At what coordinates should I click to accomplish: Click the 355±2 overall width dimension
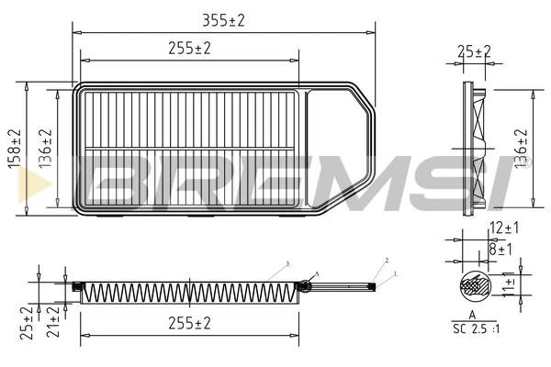click(x=224, y=19)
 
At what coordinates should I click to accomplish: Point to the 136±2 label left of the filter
click(x=46, y=147)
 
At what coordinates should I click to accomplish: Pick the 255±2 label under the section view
click(x=189, y=324)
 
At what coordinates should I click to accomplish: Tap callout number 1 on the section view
click(x=395, y=273)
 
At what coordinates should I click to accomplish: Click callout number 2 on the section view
click(x=387, y=261)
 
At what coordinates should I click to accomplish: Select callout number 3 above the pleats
click(x=287, y=263)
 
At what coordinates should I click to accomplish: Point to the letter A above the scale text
click(x=472, y=314)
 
